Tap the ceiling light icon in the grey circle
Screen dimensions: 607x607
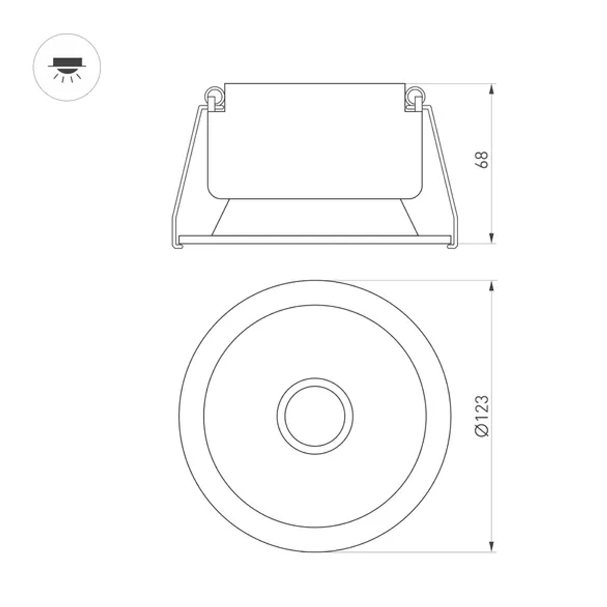click(67, 67)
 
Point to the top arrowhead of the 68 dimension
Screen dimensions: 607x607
click(492, 89)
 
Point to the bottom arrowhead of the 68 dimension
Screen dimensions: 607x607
click(492, 239)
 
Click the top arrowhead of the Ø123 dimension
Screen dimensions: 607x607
click(492, 286)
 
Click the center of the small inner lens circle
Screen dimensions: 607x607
click(315, 416)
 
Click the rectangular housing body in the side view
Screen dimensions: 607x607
click(315, 140)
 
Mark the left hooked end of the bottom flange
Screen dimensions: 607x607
click(177, 243)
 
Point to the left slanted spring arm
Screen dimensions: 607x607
click(185, 170)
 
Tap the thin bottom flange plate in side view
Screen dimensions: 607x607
click(315, 239)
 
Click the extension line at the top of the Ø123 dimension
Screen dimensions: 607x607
click(413, 280)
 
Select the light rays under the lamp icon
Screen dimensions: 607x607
click(67, 76)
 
